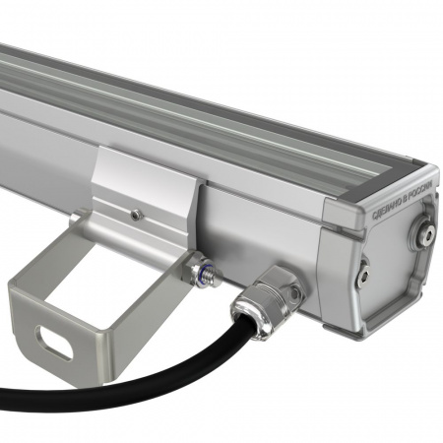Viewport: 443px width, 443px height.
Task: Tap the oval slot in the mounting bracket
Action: pos(55,342)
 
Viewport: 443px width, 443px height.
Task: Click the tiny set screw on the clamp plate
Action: pos(137,212)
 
